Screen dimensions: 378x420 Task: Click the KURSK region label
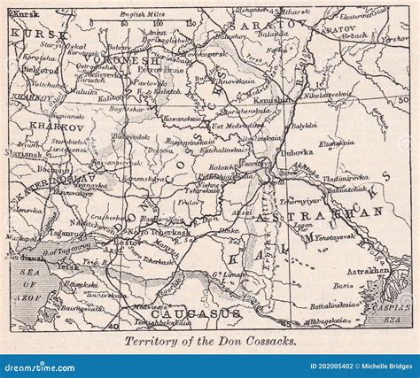click(x=27, y=32)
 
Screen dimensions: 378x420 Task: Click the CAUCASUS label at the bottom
click(x=183, y=313)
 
